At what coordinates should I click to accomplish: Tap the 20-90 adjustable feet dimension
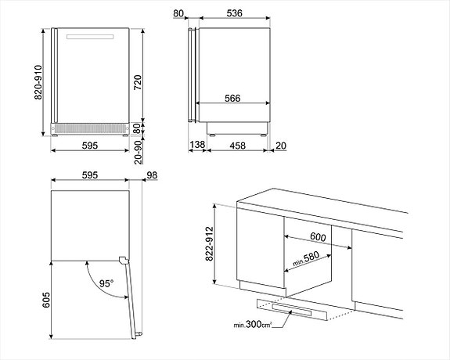click(x=159, y=148)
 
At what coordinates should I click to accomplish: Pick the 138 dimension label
click(x=197, y=146)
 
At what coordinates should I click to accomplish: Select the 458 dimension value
click(x=237, y=146)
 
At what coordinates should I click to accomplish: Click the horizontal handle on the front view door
click(x=92, y=38)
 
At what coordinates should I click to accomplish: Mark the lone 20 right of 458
click(x=280, y=146)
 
